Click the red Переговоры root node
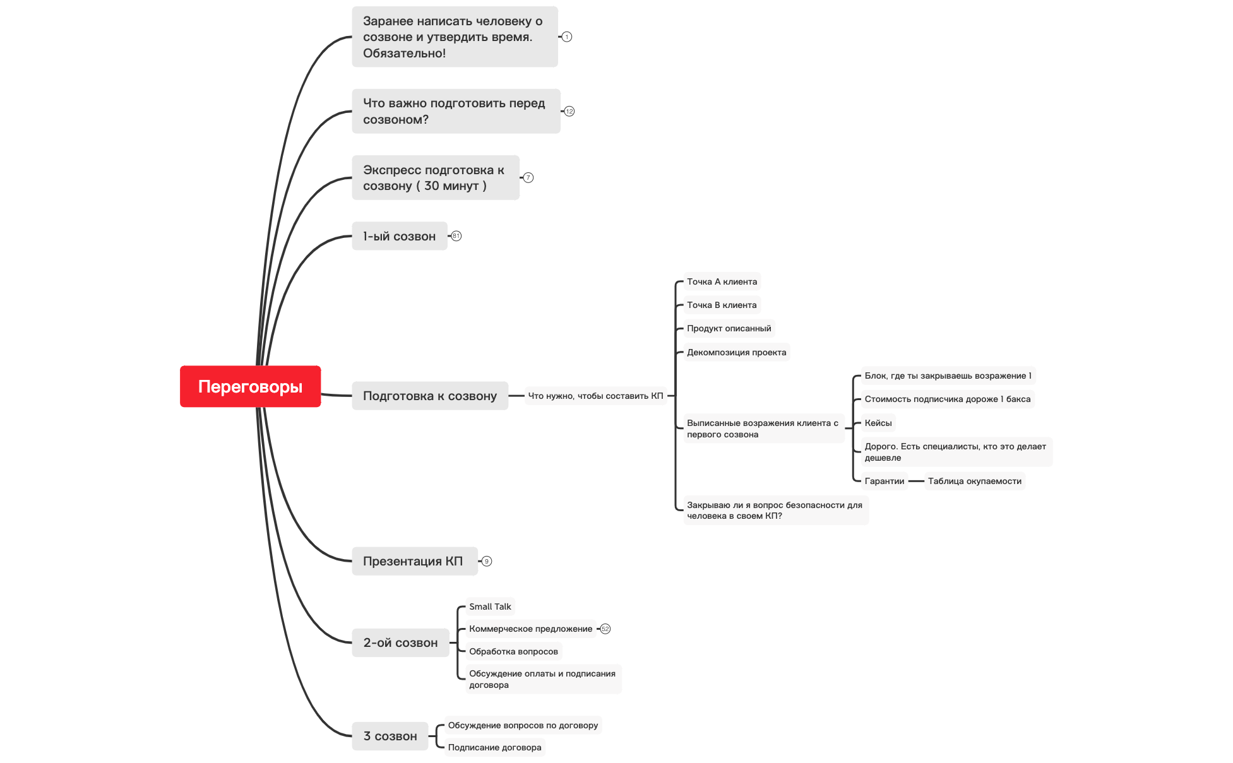point(250,386)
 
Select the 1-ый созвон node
point(400,236)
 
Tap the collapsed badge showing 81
point(456,236)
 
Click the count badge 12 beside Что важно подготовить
point(569,111)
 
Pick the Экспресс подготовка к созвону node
point(436,177)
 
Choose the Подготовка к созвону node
point(430,396)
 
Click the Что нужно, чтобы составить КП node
point(596,396)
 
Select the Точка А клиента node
point(722,281)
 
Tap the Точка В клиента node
point(722,305)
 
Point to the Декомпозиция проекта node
point(737,352)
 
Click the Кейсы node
point(878,423)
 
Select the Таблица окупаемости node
point(975,481)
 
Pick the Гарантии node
point(885,481)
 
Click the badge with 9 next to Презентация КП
point(487,561)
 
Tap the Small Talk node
point(490,606)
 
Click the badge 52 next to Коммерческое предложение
point(605,629)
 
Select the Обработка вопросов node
point(513,651)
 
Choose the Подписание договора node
point(495,747)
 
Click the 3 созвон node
point(390,736)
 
